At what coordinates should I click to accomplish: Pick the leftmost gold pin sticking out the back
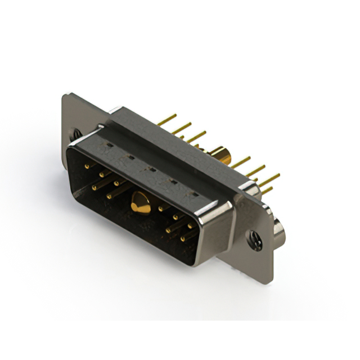pos(167,120)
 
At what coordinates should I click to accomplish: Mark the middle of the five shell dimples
pos(151,169)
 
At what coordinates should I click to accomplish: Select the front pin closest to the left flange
pos(89,166)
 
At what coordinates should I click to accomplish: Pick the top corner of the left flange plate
pos(66,95)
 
